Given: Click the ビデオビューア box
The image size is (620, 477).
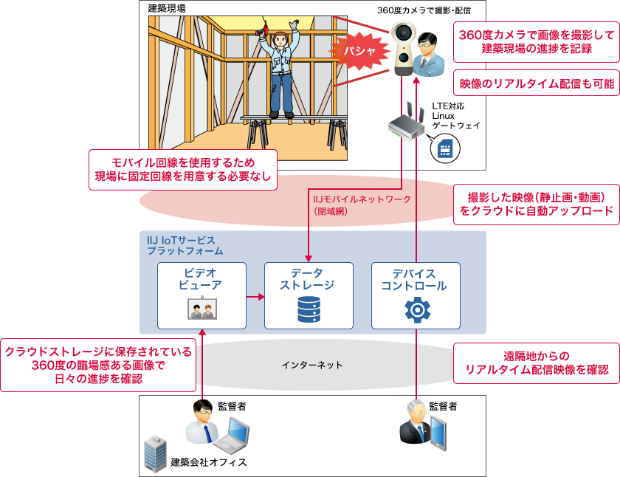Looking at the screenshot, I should tap(201, 295).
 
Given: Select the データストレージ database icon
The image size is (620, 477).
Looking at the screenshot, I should tap(309, 309).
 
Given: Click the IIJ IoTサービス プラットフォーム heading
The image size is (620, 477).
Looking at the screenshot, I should tap(180, 246).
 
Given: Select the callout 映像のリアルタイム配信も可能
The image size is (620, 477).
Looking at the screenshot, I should tap(536, 83).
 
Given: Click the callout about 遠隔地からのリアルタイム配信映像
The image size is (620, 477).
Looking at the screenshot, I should tap(536, 363).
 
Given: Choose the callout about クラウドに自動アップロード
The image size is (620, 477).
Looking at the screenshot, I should tap(536, 205).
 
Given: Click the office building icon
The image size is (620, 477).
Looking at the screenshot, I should tap(155, 452).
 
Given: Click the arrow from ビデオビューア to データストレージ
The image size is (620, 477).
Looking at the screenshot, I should tap(255, 297).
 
